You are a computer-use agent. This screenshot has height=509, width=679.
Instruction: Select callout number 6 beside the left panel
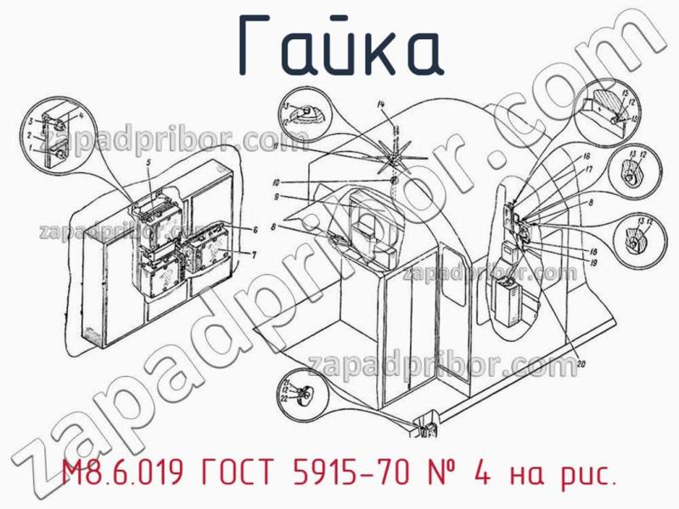(254, 230)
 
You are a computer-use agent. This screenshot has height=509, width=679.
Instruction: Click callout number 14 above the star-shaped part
(381, 103)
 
